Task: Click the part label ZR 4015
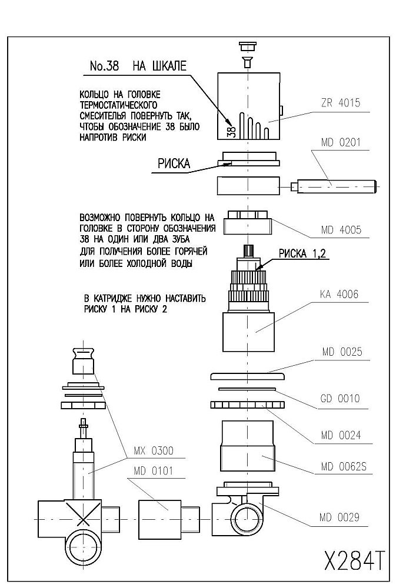340,103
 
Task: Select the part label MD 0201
340,142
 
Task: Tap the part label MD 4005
341,229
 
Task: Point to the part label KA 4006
339,295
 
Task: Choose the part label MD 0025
342,352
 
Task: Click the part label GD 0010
340,398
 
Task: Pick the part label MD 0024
341,435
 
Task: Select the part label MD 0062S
344,467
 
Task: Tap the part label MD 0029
340,517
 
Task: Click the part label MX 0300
154,450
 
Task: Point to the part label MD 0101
153,470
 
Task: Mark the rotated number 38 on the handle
231,131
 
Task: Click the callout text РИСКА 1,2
302,254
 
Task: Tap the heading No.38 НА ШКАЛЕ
138,66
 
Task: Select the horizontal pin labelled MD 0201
334,186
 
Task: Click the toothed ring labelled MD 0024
247,405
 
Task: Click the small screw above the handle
248,62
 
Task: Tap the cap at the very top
248,46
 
